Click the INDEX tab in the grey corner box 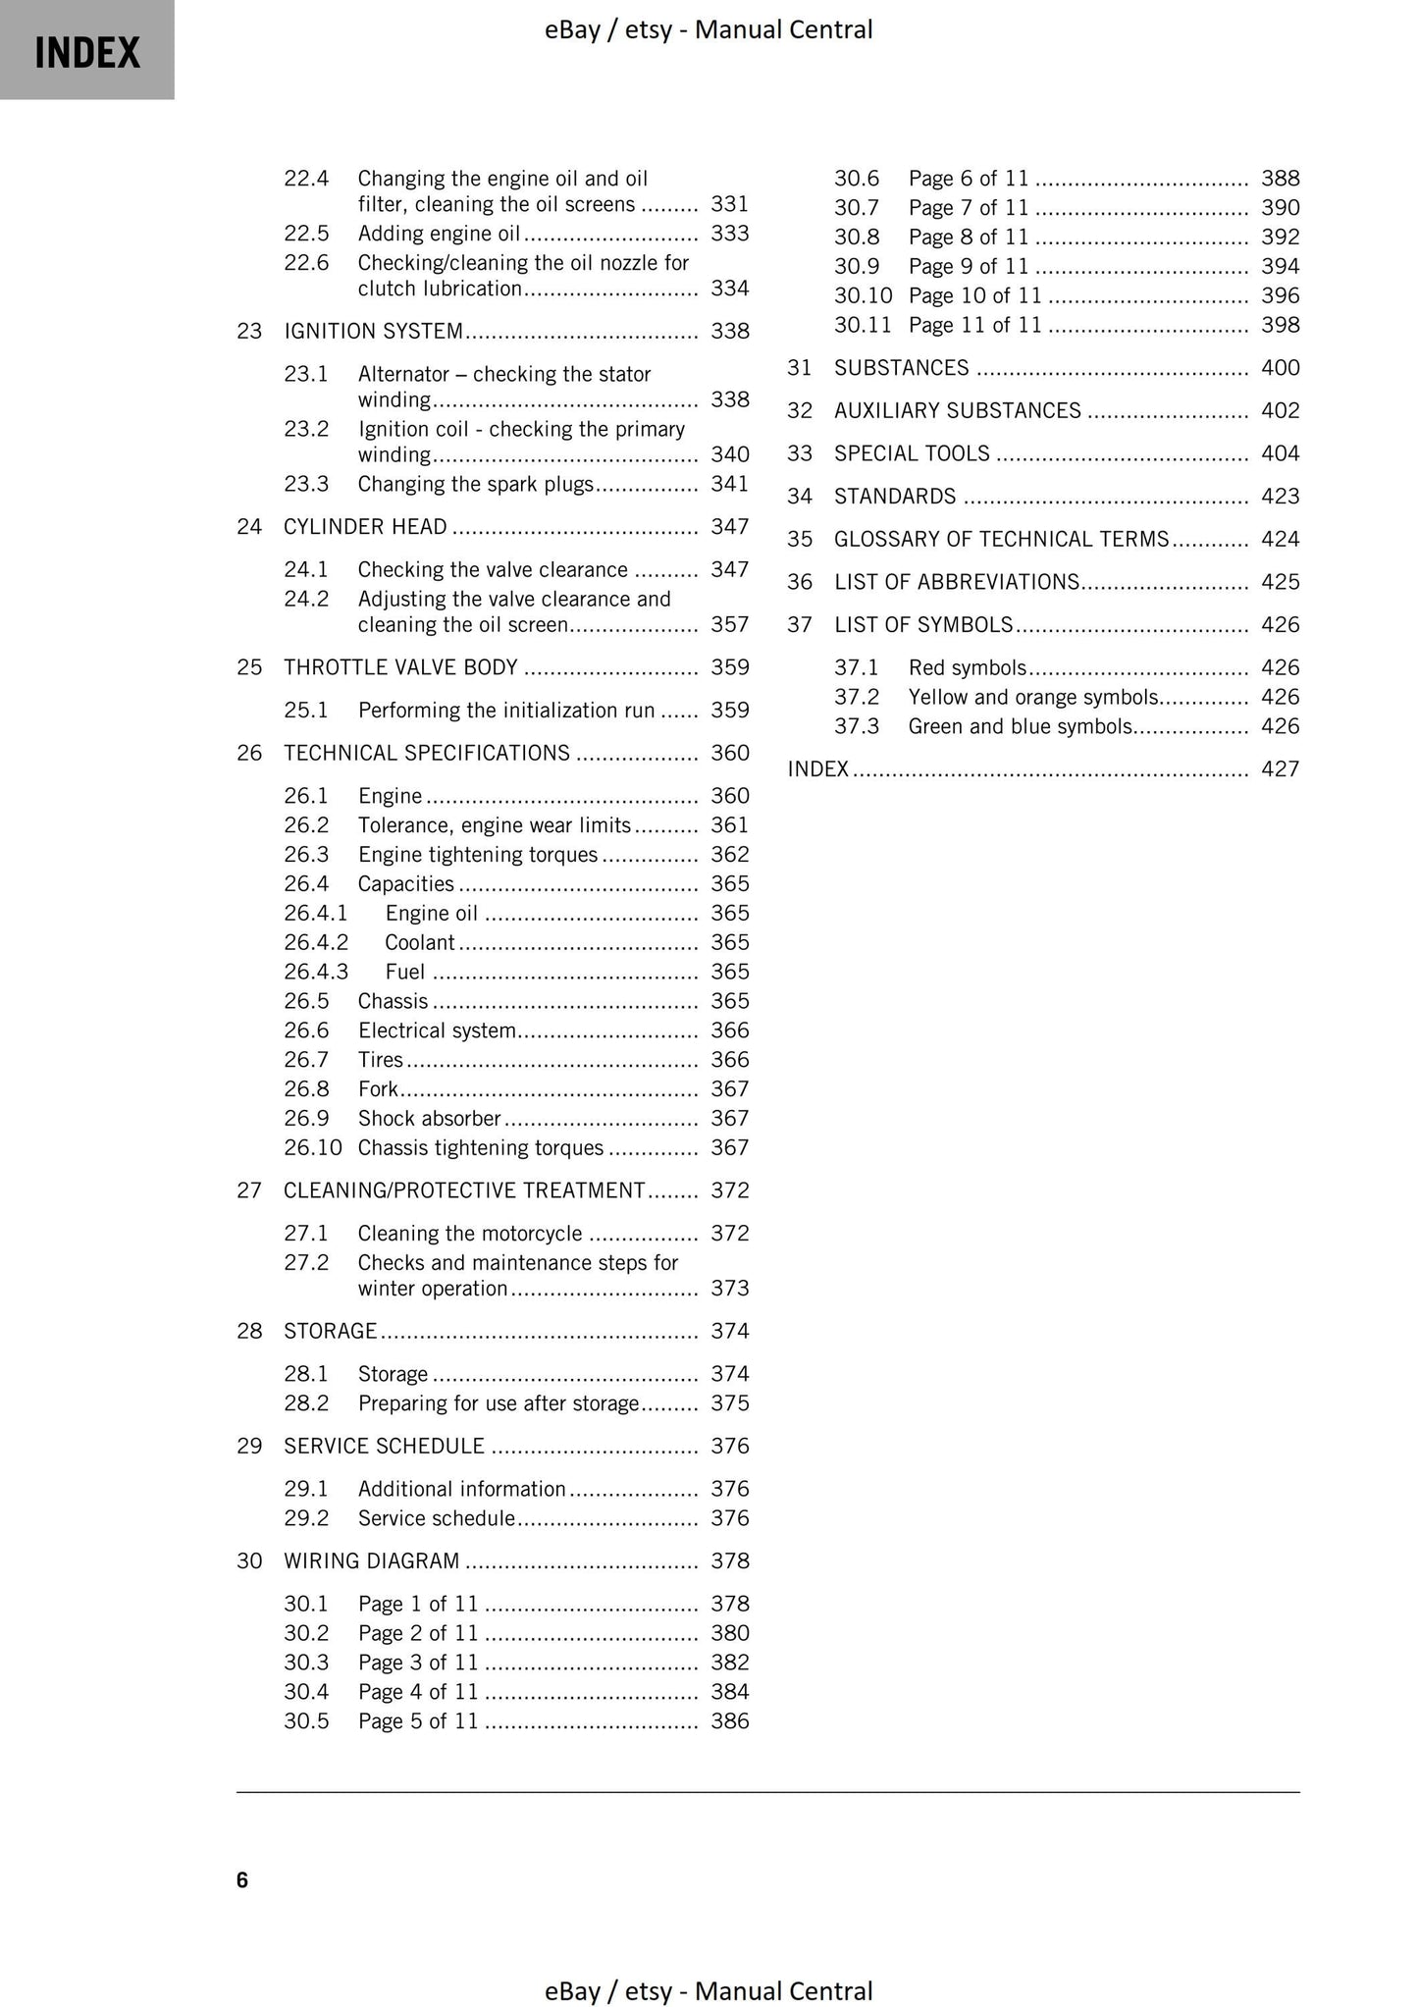(87, 51)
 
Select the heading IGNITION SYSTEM (373, 332)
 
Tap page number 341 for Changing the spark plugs (729, 484)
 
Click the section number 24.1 (305, 570)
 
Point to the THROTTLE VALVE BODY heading (400, 667)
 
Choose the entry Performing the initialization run (505, 711)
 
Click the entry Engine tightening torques (477, 855)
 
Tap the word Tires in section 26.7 (381, 1060)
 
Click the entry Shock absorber (429, 1119)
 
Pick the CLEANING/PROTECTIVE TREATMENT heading (463, 1190)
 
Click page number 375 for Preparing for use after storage (729, 1403)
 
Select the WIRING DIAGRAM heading (371, 1561)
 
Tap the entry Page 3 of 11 (417, 1663)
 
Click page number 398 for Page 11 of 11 (1280, 325)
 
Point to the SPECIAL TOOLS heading (912, 453)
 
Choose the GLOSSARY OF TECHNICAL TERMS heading (1001, 539)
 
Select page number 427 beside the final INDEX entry (1280, 769)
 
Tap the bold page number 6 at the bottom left (242, 1880)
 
